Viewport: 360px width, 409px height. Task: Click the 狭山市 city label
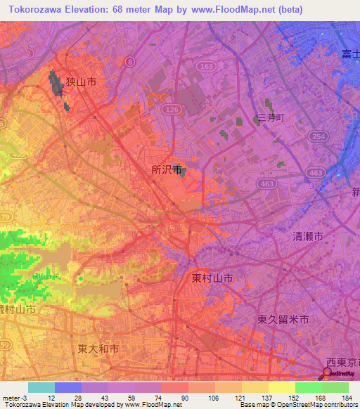[x=81, y=82]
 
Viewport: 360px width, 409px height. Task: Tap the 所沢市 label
[x=167, y=169]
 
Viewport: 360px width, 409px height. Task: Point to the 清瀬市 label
[x=308, y=238]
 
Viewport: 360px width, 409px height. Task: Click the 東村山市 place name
[x=212, y=278]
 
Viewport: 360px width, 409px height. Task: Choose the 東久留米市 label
[x=283, y=319]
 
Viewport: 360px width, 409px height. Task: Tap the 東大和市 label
[x=98, y=349]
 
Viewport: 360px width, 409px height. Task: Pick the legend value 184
[x=347, y=399]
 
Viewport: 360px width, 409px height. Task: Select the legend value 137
[x=267, y=399]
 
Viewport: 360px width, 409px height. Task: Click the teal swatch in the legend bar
[x=41, y=387]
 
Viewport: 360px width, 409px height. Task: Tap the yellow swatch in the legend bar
[x=281, y=387]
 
